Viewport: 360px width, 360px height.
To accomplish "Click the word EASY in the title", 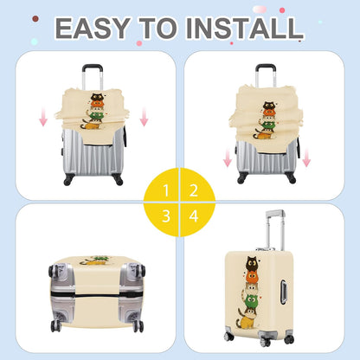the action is tap(93, 28).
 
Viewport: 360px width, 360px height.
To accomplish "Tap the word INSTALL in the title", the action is tap(244, 28).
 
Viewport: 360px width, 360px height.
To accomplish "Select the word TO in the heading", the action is tap(158, 28).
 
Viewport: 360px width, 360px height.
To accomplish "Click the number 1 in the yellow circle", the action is tap(166, 190).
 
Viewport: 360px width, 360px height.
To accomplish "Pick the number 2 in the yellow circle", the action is tap(194, 190).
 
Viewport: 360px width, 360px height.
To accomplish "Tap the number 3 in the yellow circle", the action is tap(166, 215).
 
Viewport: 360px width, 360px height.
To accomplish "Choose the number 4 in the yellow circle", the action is tap(194, 215).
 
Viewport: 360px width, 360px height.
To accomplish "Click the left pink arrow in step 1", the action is tap(43, 116).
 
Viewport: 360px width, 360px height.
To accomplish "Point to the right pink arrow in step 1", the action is tap(144, 116).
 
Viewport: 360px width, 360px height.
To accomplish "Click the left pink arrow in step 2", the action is tap(228, 157).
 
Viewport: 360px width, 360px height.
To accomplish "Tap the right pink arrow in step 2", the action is tap(306, 157).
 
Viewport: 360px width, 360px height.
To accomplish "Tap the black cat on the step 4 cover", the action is tap(252, 263).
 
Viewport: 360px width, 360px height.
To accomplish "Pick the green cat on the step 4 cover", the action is tap(251, 300).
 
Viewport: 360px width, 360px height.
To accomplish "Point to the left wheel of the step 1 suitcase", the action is tap(68, 179).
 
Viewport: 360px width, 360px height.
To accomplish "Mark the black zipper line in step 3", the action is tap(97, 295).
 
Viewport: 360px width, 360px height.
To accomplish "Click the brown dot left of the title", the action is tap(35, 19).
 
